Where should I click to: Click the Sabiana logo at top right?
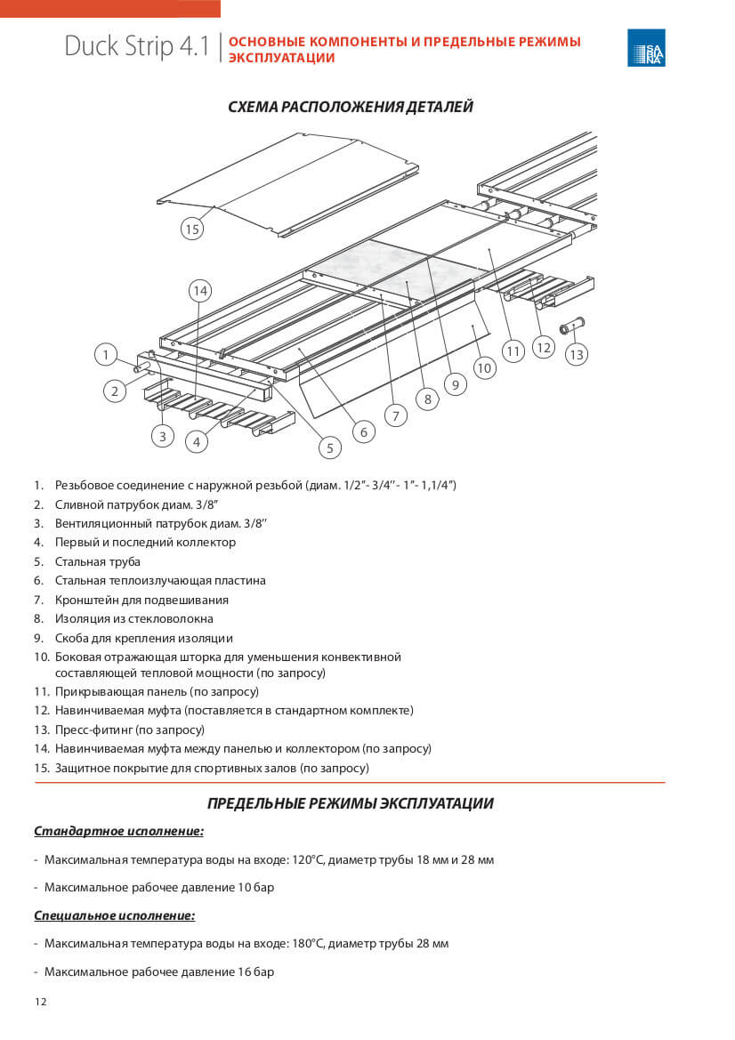pyautogui.click(x=646, y=48)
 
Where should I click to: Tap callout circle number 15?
pyautogui.click(x=191, y=229)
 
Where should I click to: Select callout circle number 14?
pyautogui.click(x=200, y=291)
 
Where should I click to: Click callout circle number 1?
pyautogui.click(x=106, y=355)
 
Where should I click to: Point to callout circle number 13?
pyautogui.click(x=577, y=354)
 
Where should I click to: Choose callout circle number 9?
pyautogui.click(x=455, y=384)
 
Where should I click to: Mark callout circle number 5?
pyautogui.click(x=329, y=447)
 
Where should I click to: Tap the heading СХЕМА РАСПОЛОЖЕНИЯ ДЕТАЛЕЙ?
pyautogui.click(x=351, y=107)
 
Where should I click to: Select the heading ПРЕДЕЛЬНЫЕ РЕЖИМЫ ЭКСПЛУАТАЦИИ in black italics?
pyautogui.click(x=350, y=803)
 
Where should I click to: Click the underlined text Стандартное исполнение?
pyautogui.click(x=118, y=832)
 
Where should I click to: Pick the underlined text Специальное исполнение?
pyautogui.click(x=114, y=915)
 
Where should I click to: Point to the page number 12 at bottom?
pyautogui.click(x=41, y=1002)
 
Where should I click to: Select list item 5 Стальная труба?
pyautogui.click(x=97, y=561)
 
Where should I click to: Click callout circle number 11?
pyautogui.click(x=513, y=351)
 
